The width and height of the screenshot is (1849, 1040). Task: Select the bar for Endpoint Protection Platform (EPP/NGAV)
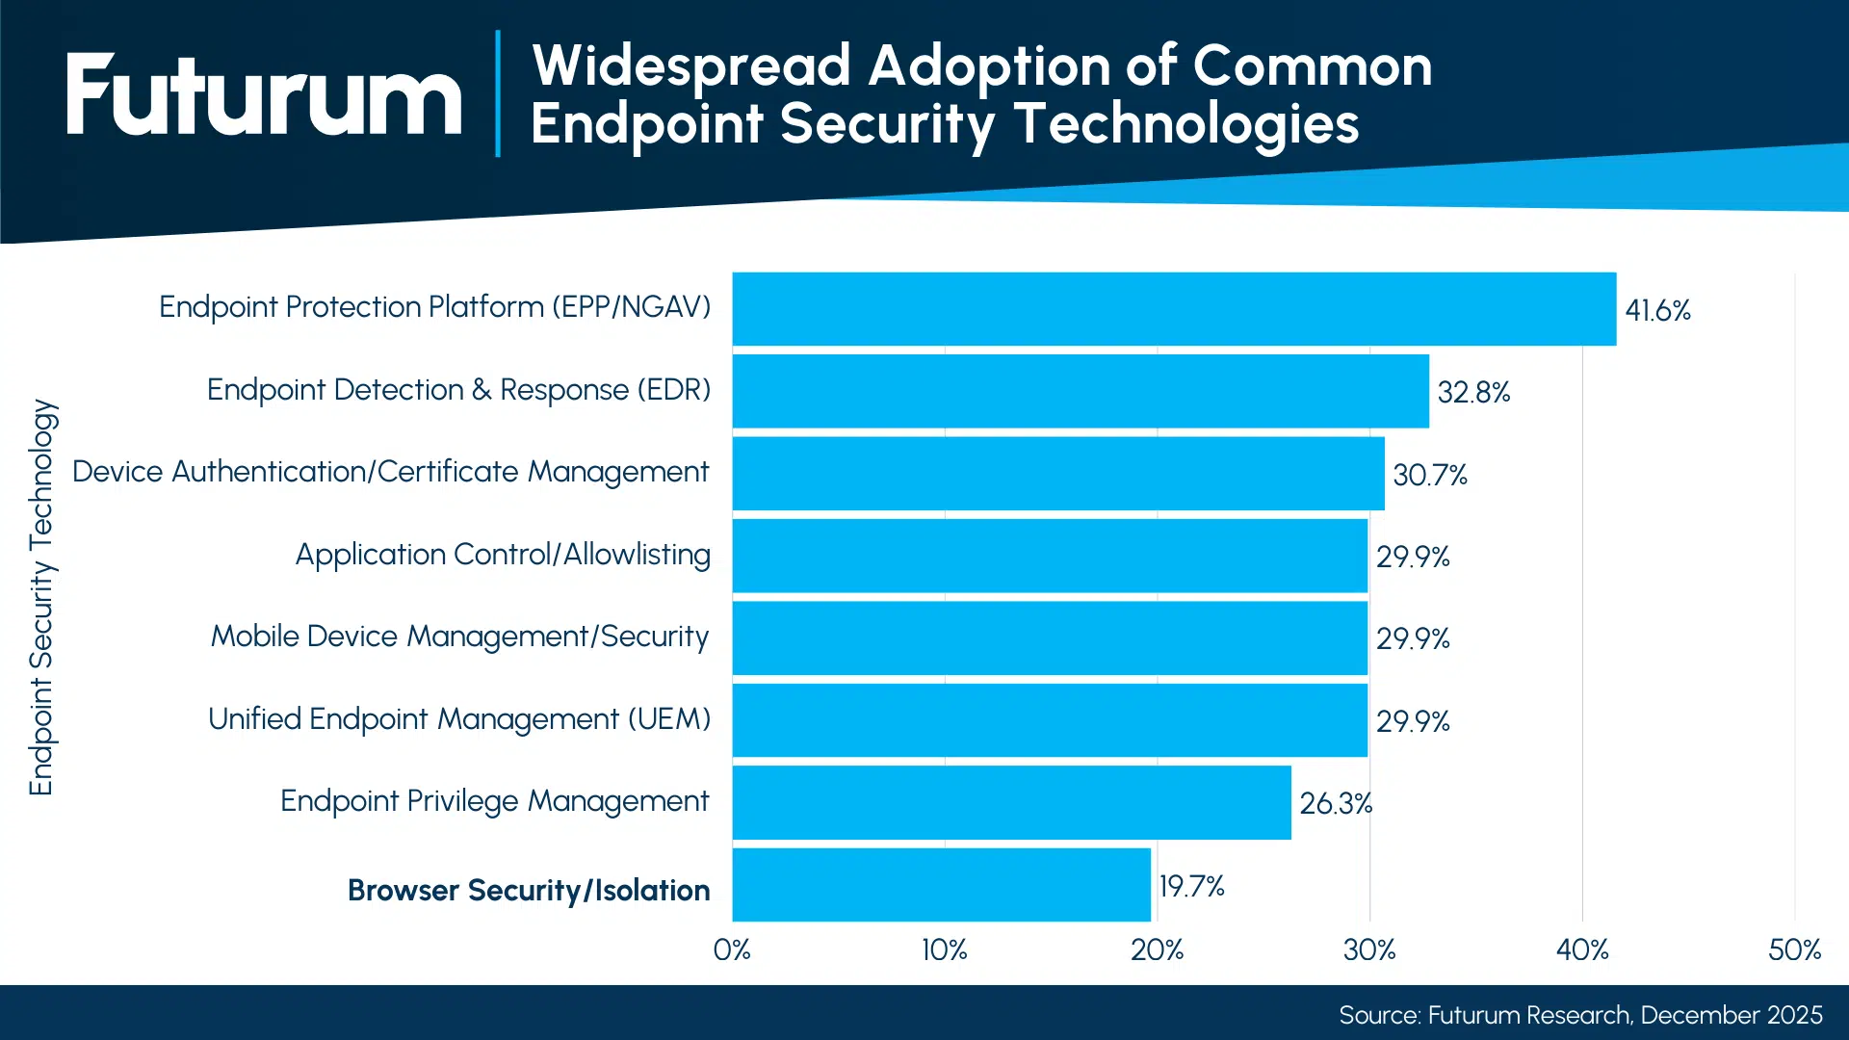(x=1173, y=309)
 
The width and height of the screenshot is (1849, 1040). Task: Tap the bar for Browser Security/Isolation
(x=941, y=885)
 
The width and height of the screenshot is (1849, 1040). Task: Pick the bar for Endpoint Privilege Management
(x=1011, y=803)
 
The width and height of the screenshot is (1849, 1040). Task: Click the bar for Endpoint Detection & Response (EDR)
(x=1080, y=391)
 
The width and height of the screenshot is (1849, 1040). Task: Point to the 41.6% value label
(x=1657, y=310)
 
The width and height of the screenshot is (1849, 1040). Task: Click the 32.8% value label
(x=1473, y=392)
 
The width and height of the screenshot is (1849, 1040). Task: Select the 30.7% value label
(x=1429, y=475)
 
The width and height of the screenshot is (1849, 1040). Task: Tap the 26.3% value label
(x=1336, y=803)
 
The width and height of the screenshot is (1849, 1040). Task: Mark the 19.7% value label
(x=1191, y=886)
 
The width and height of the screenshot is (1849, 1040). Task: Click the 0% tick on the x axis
(x=732, y=950)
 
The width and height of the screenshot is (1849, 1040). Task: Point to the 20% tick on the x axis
(x=1157, y=950)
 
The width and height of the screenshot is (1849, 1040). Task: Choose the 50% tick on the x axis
(x=1794, y=950)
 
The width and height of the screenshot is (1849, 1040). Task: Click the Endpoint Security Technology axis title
(x=42, y=597)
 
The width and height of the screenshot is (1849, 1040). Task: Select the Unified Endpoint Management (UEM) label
(x=458, y=719)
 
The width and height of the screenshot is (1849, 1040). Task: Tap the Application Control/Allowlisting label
(x=503, y=555)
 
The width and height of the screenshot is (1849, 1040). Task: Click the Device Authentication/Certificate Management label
(x=390, y=472)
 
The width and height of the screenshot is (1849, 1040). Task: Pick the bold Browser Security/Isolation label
(x=529, y=890)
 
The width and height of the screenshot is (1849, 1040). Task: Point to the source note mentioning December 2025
(x=1580, y=1015)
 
